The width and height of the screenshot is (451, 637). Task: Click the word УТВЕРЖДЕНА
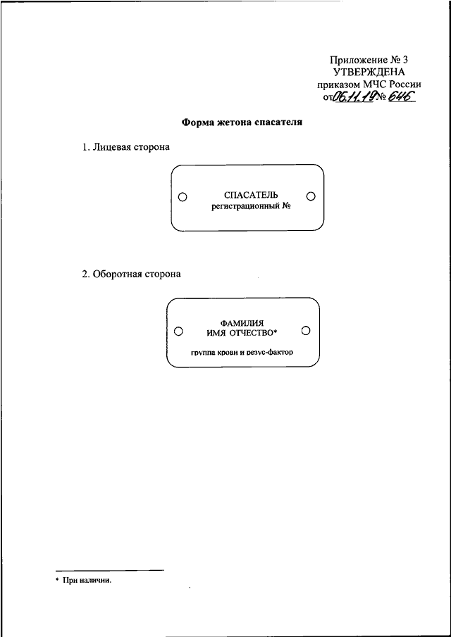point(369,72)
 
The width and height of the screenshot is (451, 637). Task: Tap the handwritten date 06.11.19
point(353,96)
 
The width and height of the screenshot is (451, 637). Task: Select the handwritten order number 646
point(399,96)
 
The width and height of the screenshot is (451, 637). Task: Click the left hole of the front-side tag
point(183,196)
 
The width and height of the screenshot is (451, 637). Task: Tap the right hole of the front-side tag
point(311,196)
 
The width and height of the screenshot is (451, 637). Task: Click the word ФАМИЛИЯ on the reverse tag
point(242,324)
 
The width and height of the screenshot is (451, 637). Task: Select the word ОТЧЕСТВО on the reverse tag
point(257,333)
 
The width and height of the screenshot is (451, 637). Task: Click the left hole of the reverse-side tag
point(178,331)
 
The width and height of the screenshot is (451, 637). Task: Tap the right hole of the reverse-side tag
point(307,331)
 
